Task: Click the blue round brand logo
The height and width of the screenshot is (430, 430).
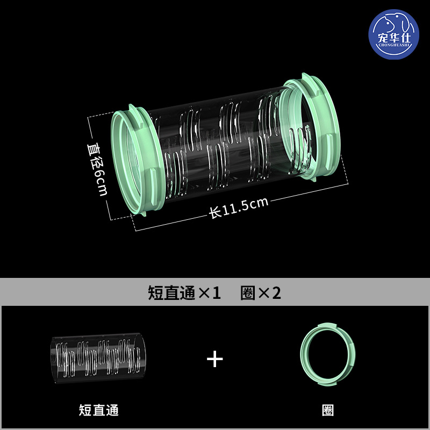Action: [393, 34]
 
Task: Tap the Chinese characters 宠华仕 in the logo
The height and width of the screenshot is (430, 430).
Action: [394, 37]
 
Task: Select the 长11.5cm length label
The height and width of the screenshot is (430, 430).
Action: [238, 207]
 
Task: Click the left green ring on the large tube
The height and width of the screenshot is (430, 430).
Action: [137, 160]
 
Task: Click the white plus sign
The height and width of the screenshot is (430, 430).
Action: [214, 359]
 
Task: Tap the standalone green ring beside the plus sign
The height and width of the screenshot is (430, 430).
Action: [328, 354]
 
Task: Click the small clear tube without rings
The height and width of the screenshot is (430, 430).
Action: [98, 358]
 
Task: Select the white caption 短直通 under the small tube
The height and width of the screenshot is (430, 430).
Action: [99, 410]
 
